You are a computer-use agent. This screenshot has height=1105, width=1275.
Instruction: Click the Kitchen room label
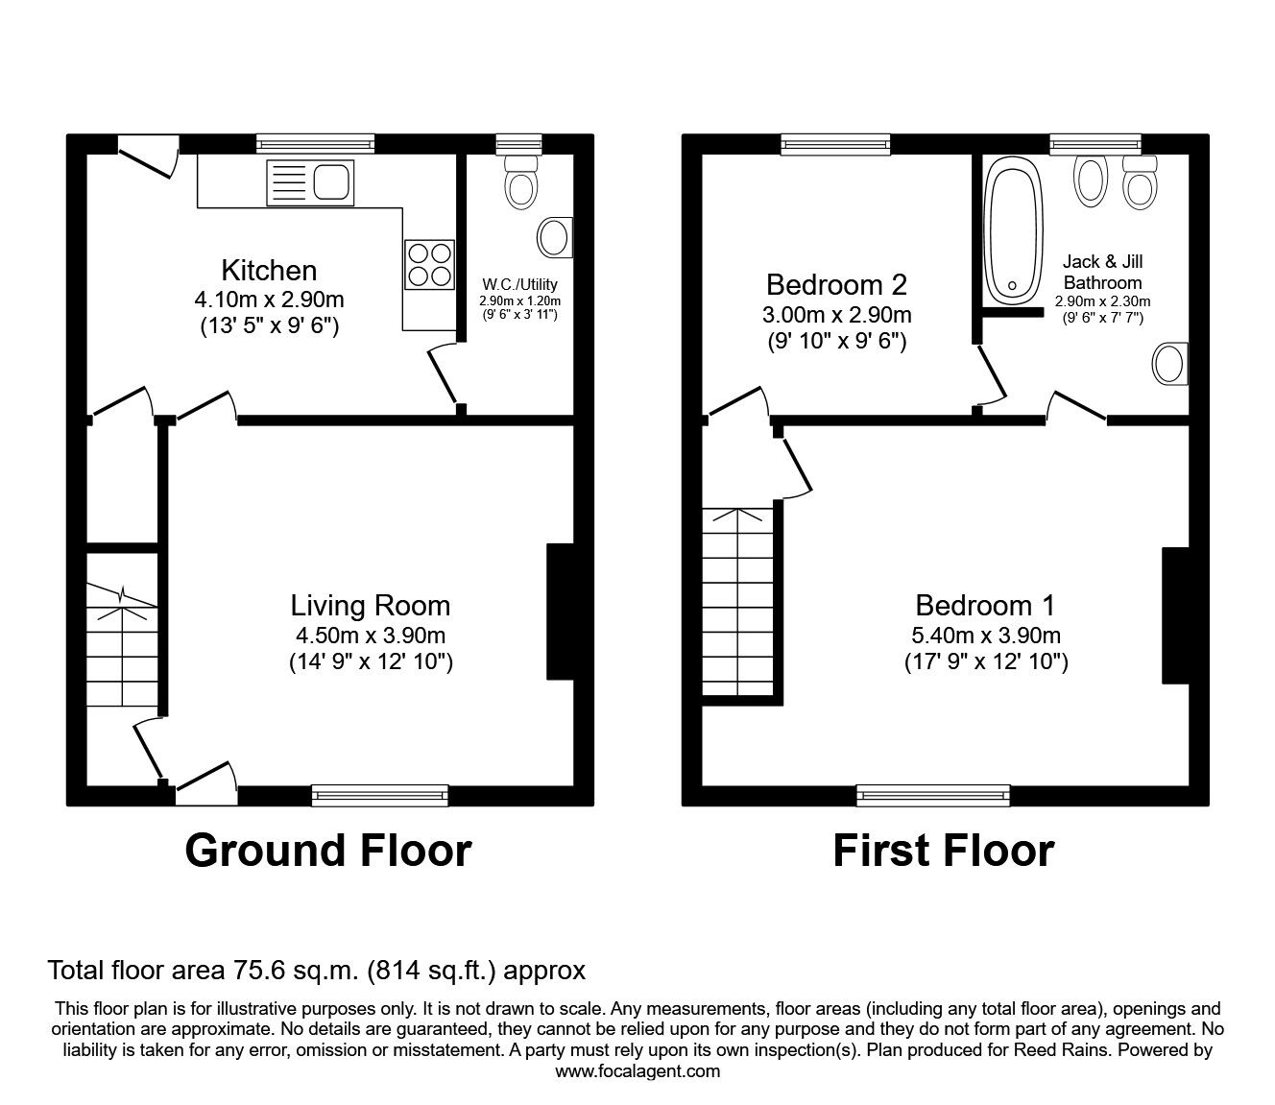pyautogui.click(x=269, y=270)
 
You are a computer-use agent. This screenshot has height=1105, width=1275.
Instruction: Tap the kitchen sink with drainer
pyautogui.click(x=311, y=180)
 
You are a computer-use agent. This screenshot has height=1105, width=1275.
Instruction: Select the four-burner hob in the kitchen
pyautogui.click(x=429, y=264)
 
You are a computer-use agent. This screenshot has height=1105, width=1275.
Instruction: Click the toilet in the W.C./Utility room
pyautogui.click(x=520, y=180)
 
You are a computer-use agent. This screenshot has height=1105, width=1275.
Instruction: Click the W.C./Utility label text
pyautogui.click(x=519, y=285)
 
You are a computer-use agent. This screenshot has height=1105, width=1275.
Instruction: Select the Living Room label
pyautogui.click(x=370, y=606)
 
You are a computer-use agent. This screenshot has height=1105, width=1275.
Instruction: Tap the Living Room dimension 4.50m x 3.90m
pyautogui.click(x=370, y=636)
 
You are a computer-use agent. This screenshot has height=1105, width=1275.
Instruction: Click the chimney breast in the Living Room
pyautogui.click(x=560, y=613)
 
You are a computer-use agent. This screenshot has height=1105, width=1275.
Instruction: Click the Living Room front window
pyautogui.click(x=380, y=794)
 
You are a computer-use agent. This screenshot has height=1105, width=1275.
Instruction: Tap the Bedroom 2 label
pyautogui.click(x=836, y=284)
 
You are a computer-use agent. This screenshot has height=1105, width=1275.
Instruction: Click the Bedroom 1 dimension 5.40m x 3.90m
pyautogui.click(x=986, y=636)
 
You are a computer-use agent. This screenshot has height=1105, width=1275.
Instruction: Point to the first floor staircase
pyautogui.click(x=737, y=601)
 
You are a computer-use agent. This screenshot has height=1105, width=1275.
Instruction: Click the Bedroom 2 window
pyautogui.click(x=835, y=145)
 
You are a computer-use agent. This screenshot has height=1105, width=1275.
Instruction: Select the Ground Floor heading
pyautogui.click(x=327, y=851)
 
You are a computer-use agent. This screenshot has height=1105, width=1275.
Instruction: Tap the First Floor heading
pyautogui.click(x=943, y=851)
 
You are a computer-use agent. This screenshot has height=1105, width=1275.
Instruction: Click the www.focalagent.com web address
pyautogui.click(x=637, y=1071)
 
